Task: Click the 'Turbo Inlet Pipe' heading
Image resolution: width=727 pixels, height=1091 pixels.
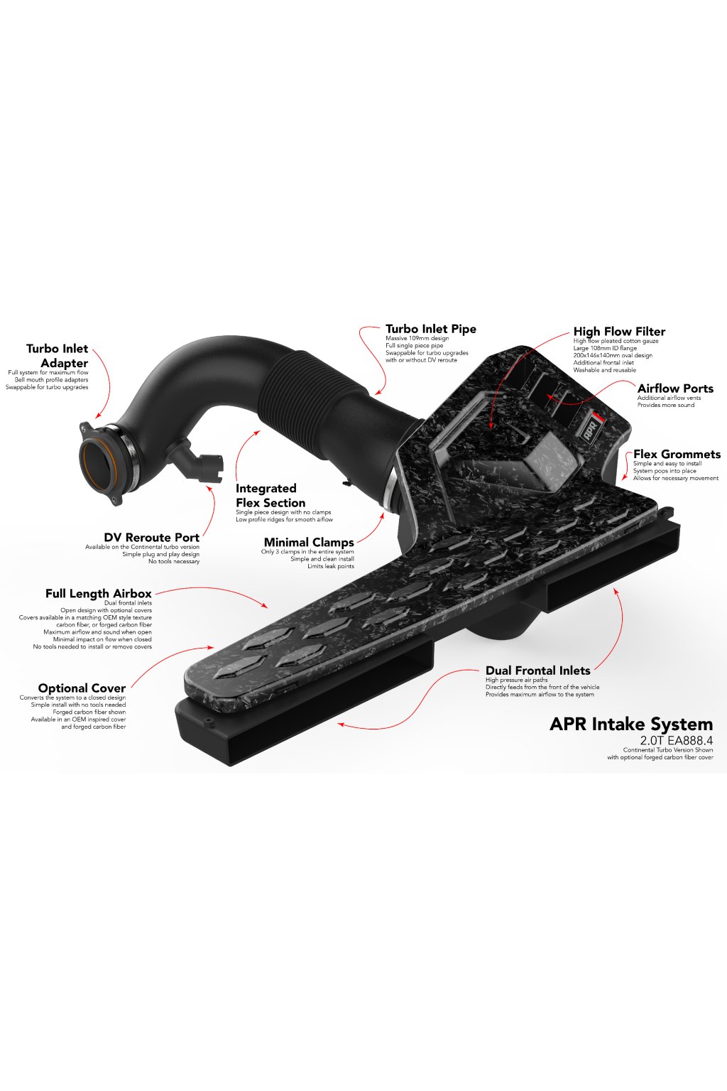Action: click(x=430, y=329)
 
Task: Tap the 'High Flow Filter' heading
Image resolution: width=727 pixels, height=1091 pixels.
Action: click(x=619, y=331)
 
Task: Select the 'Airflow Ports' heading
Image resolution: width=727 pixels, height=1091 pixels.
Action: click(x=675, y=389)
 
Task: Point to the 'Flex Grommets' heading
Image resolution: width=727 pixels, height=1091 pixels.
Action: click(x=677, y=455)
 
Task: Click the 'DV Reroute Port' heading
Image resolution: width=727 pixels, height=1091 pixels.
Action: click(x=151, y=538)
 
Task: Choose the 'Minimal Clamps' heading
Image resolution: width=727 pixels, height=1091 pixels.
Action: click(x=309, y=543)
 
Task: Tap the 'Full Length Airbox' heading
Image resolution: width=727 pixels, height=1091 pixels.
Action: click(x=99, y=594)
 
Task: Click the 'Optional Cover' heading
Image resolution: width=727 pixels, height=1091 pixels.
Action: click(x=82, y=688)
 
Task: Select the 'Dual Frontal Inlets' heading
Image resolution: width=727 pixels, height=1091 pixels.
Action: click(x=537, y=671)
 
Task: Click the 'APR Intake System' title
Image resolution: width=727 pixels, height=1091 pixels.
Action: click(x=631, y=724)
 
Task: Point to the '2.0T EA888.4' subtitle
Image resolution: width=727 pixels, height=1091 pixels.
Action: click(x=676, y=740)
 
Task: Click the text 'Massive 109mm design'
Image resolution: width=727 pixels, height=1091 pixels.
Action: click(x=417, y=339)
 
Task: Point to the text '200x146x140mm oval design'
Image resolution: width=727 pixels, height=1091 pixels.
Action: click(x=612, y=356)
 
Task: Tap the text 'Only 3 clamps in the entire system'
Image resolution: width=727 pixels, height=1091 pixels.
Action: click(x=307, y=552)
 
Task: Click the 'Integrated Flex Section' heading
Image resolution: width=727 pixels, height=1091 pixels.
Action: click(x=270, y=496)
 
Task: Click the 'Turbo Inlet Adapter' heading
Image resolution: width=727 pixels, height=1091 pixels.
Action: click(x=58, y=356)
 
